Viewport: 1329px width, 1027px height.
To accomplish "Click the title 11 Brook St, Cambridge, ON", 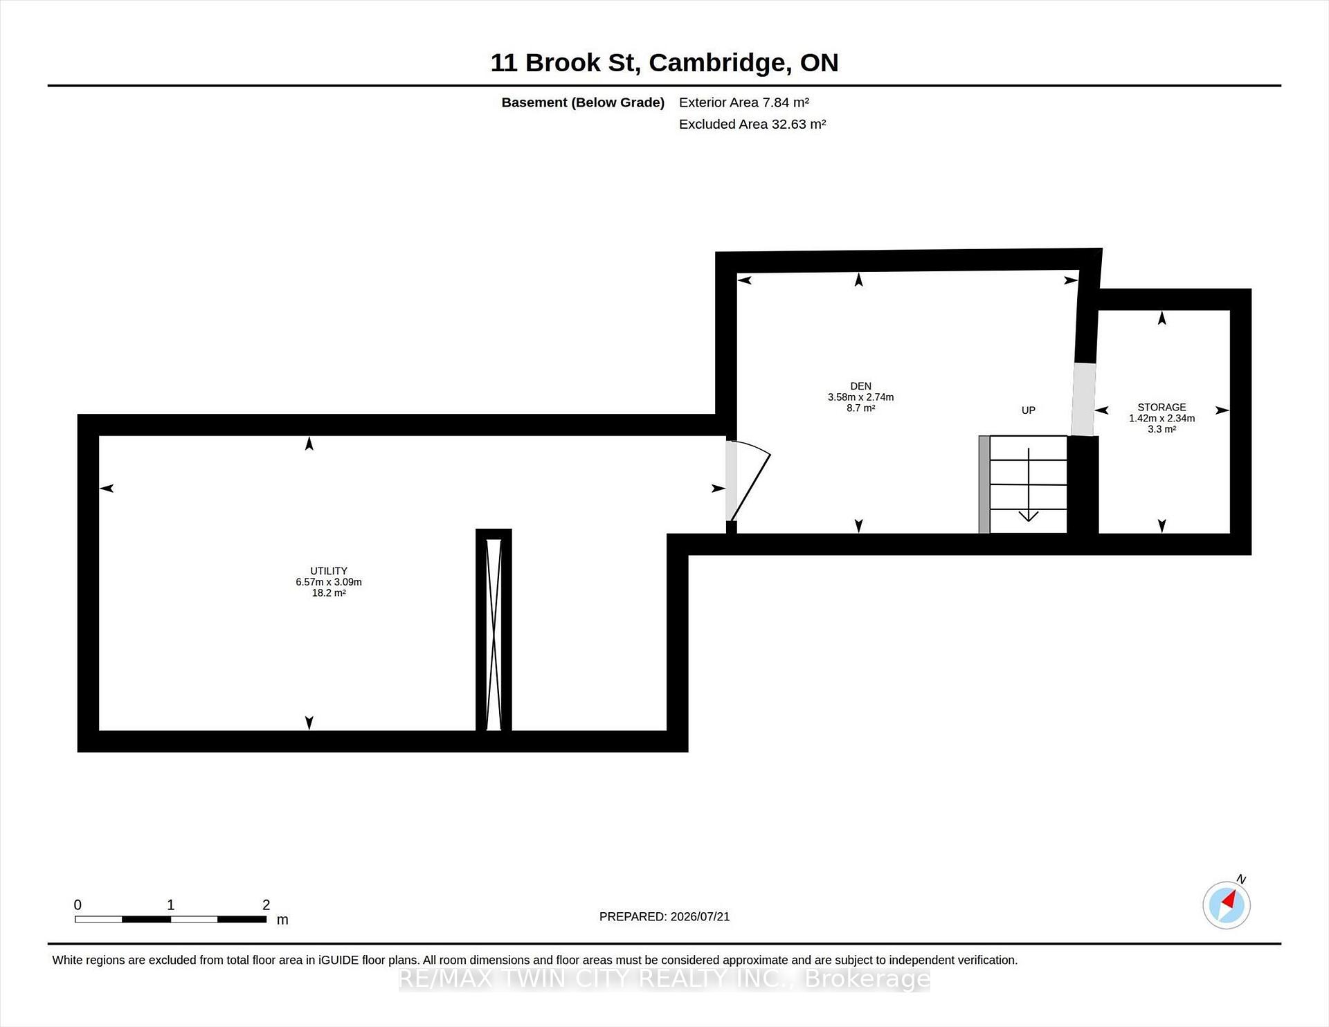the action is (x=664, y=62).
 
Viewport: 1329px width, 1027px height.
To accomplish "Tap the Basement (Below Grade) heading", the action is (x=583, y=102).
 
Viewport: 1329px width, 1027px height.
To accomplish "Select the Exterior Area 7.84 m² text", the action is (x=744, y=102).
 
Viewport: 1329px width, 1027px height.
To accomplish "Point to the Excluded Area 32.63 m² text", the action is (x=752, y=124).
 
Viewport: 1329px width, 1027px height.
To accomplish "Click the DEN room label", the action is (x=861, y=386).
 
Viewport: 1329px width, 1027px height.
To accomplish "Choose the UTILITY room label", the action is (x=329, y=571).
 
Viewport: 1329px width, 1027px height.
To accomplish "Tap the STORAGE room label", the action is (x=1161, y=407).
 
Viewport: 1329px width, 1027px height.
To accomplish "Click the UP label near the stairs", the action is (x=1029, y=410).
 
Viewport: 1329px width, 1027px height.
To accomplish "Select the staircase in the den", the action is (x=1023, y=484).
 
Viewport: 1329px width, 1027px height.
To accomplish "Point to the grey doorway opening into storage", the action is (x=1083, y=399).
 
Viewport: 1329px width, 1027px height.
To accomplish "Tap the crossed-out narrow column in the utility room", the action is (x=494, y=630).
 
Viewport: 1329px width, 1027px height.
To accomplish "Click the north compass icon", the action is (x=1227, y=905).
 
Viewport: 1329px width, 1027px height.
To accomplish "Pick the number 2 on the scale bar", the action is (x=266, y=905).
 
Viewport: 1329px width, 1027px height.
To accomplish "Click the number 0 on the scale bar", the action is (x=78, y=905).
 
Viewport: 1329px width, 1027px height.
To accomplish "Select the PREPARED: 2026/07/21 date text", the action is (x=664, y=916).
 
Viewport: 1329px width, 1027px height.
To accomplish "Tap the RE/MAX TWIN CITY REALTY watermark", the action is (x=664, y=979).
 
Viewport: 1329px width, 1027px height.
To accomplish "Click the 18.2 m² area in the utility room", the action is (x=329, y=593).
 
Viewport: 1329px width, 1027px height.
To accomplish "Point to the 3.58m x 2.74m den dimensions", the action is (x=861, y=397).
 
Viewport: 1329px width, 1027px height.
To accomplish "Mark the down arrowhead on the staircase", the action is (x=1029, y=516).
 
